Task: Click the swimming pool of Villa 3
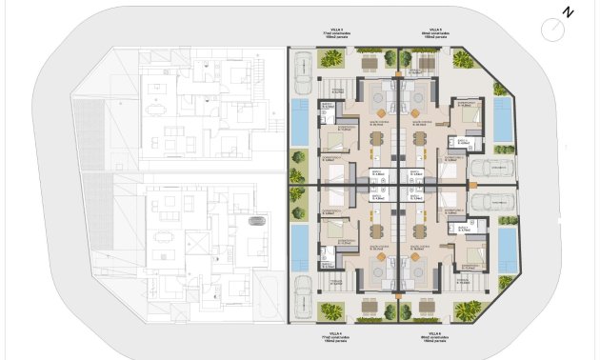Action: [x=300, y=121]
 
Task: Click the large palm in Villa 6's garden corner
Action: [x=468, y=310]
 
